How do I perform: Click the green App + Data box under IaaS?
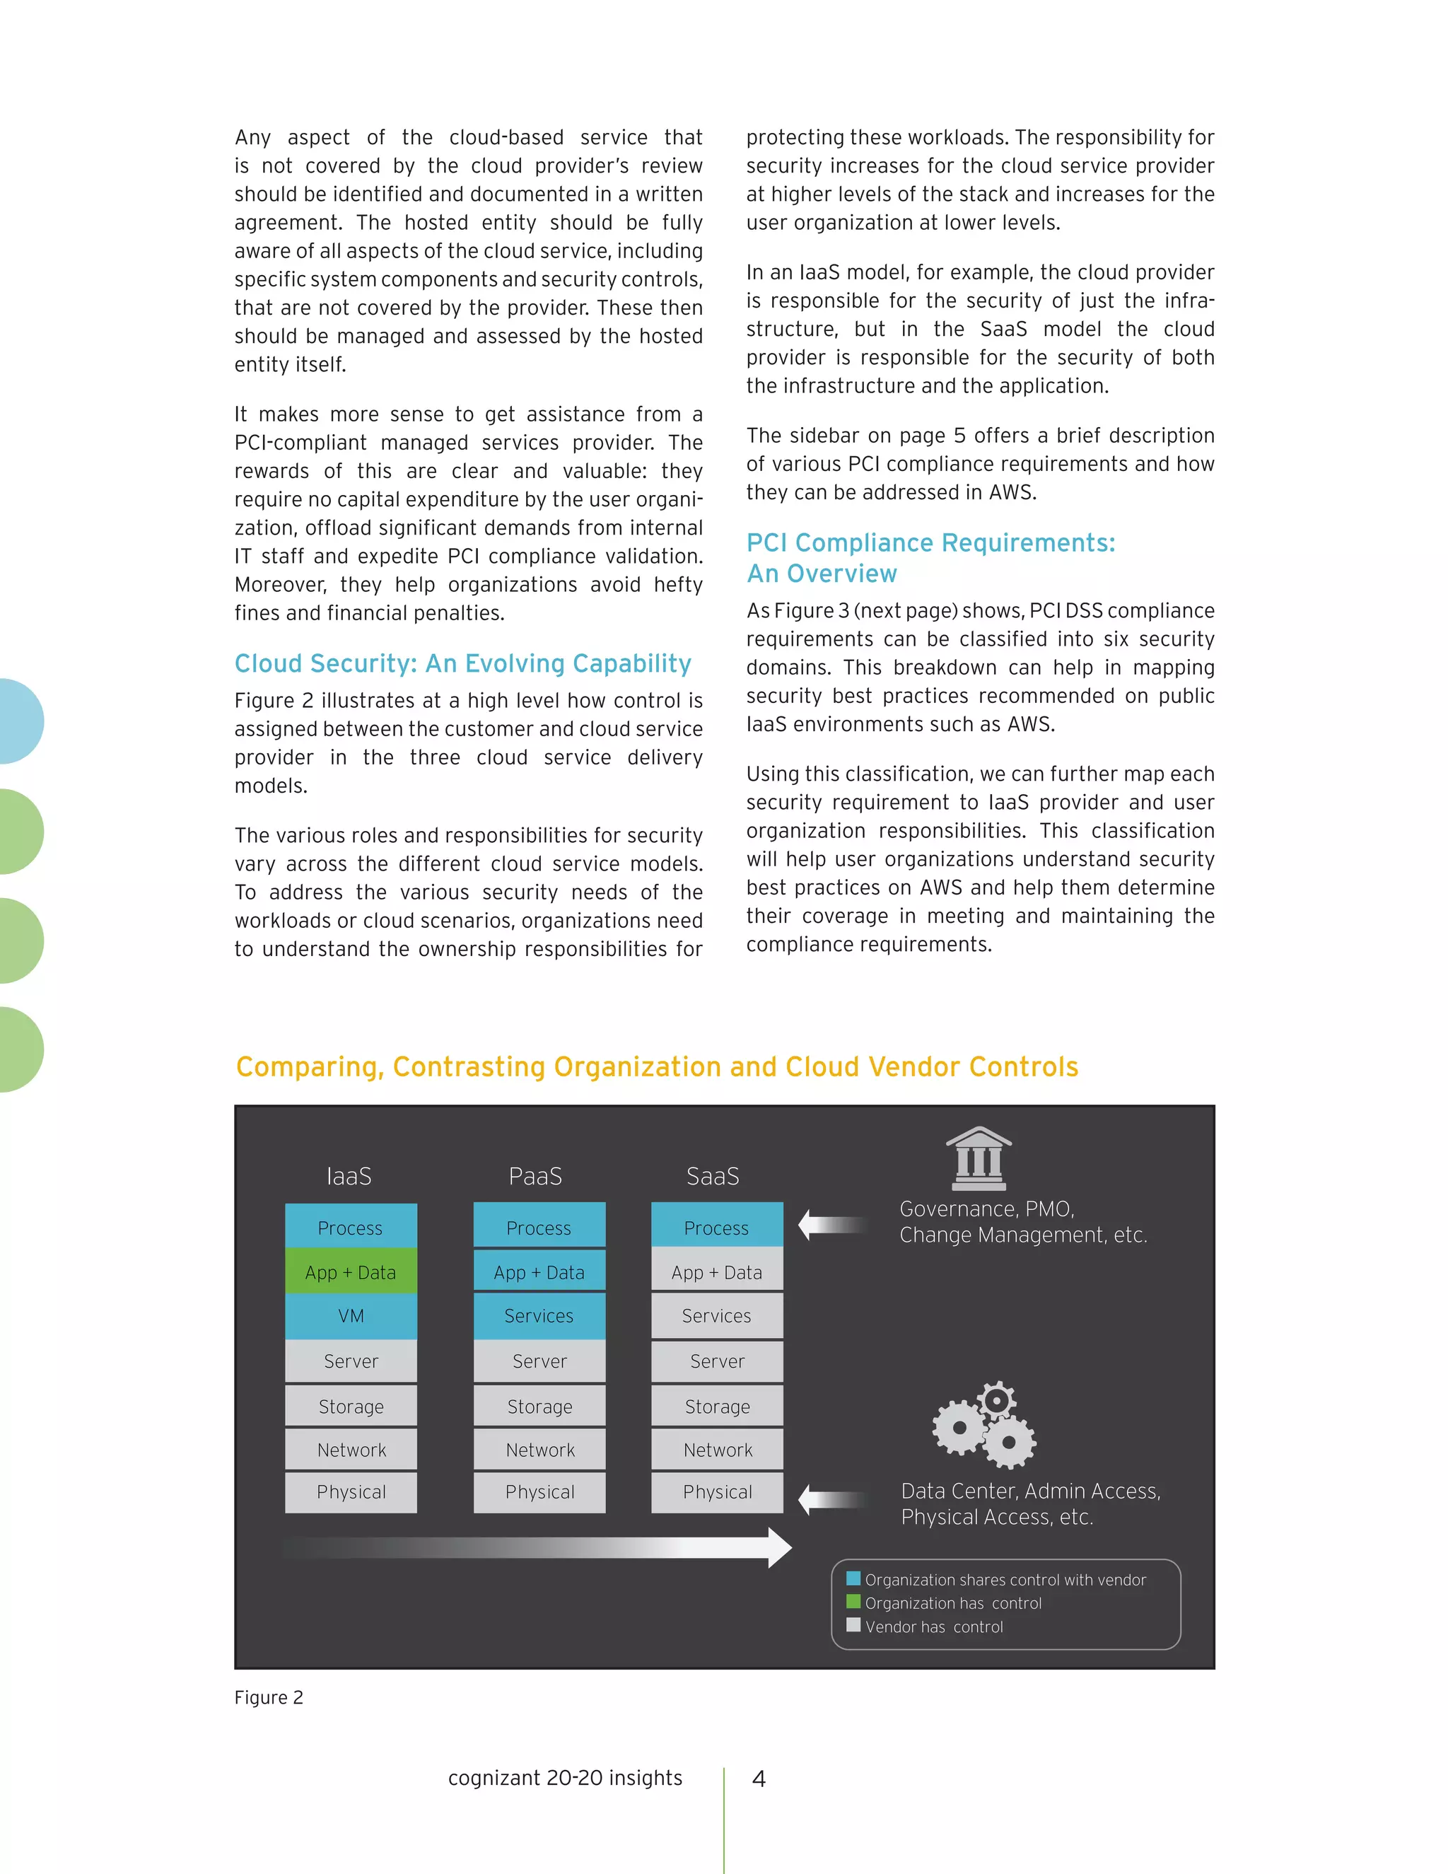[x=351, y=1271]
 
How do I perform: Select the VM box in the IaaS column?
[x=351, y=1315]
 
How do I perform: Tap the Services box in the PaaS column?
[x=539, y=1315]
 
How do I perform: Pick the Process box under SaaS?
[x=716, y=1227]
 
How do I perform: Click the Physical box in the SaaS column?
[x=717, y=1491]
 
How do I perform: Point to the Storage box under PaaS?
[x=539, y=1407]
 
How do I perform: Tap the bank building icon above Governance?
[x=979, y=1158]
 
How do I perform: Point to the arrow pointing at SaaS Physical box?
[x=833, y=1499]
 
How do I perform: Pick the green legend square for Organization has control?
[x=853, y=1601]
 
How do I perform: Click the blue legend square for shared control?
[x=853, y=1578]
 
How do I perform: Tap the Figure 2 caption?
[x=269, y=1697]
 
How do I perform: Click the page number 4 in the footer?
[x=759, y=1779]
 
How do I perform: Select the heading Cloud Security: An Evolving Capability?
[x=462, y=663]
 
